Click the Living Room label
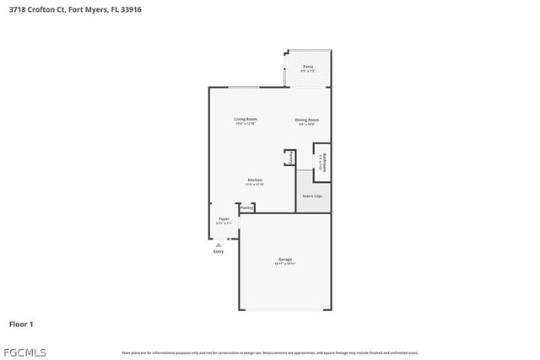246,120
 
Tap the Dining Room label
306,120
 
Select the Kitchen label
255,180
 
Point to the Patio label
308,67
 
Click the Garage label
284,259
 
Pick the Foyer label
224,219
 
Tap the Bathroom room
321,162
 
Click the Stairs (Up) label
312,196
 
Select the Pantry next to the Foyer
246,207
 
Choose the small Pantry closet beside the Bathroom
290,158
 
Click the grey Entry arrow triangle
219,244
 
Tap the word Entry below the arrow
219,251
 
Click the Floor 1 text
21,324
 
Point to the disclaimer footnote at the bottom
270,352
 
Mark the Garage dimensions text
284,264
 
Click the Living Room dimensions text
246,125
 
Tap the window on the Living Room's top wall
244,87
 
